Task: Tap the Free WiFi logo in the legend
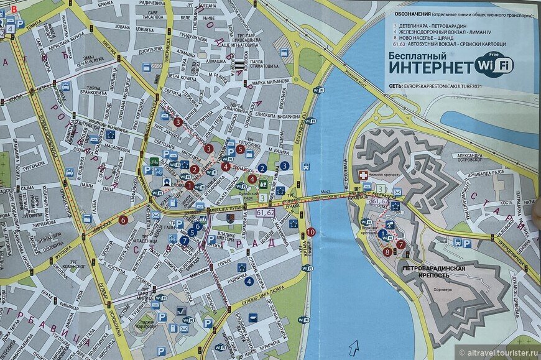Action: click(x=494, y=63)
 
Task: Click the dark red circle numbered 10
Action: click(x=310, y=232)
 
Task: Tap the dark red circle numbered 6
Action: click(x=123, y=219)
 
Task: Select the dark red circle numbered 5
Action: click(x=239, y=149)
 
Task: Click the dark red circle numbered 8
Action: click(x=387, y=252)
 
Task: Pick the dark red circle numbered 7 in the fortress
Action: click(x=400, y=244)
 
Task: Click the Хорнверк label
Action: click(x=443, y=289)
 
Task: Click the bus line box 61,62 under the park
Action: click(x=264, y=213)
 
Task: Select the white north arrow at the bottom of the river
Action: click(x=354, y=346)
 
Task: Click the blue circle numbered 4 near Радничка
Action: click(x=249, y=281)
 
